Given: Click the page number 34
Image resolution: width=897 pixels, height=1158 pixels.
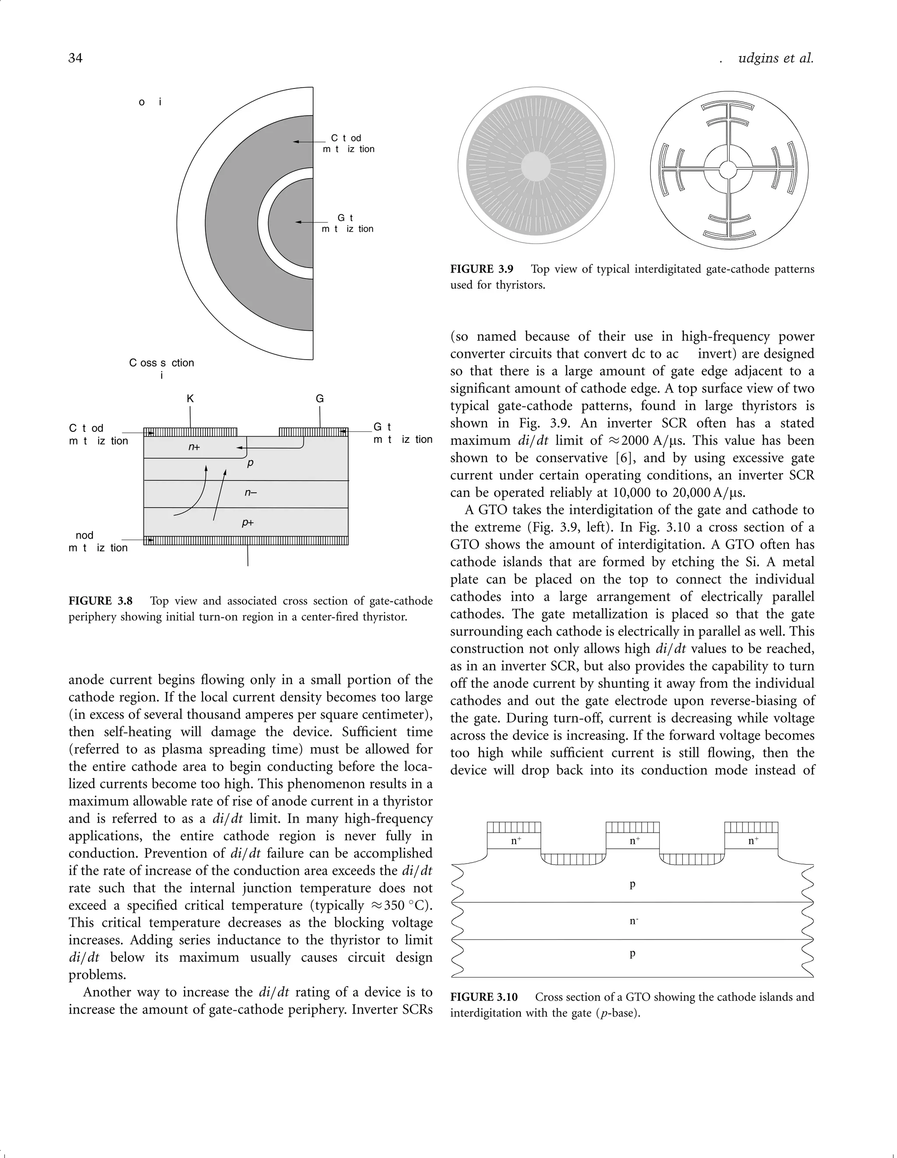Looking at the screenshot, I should pos(75,58).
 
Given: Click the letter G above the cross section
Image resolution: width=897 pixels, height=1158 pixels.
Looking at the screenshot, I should pos(320,399).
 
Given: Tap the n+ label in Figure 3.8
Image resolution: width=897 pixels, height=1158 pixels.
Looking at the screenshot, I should pos(194,447).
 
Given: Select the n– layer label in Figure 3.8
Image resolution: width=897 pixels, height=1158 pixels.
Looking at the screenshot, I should pos(251,493).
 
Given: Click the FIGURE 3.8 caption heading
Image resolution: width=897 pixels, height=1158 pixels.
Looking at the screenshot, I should pos(100,601).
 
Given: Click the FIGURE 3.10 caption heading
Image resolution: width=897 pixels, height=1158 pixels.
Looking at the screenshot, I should pos(484,997).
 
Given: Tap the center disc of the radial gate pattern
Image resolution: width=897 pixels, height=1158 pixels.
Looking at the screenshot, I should pos(537,166).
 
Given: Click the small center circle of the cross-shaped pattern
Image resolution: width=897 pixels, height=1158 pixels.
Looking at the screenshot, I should pos(728,170).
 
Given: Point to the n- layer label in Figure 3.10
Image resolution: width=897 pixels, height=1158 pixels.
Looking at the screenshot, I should pos(633,921).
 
